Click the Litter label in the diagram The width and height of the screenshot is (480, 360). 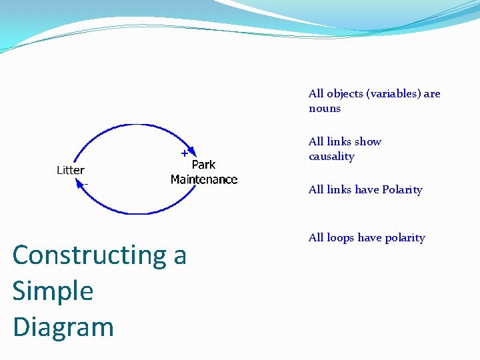point(70,170)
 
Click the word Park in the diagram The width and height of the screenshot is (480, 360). point(203,165)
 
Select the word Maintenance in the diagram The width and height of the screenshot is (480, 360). point(204,179)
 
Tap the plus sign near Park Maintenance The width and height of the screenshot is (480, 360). point(184,153)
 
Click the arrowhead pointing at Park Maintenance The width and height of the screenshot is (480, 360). point(193,152)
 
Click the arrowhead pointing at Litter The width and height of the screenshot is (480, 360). point(81,186)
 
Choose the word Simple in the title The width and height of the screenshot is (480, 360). point(53,291)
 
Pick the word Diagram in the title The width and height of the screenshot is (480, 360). point(63,327)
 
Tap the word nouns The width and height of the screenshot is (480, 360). point(325,109)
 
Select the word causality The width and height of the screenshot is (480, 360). point(331,157)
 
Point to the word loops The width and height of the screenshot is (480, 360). point(341,238)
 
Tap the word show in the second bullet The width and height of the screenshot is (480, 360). point(369,142)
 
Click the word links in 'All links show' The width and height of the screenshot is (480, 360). point(339,142)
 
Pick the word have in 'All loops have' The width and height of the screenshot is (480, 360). point(370,238)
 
